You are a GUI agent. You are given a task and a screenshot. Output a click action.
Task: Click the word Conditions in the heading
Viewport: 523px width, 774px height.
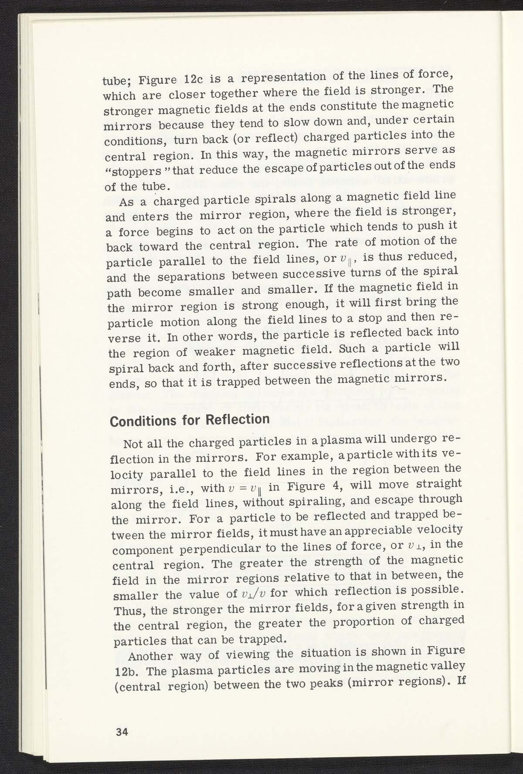[137, 422]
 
